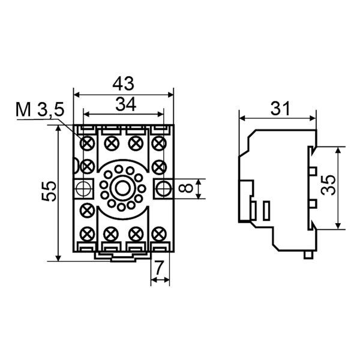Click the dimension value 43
(x=123, y=83)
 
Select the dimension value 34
(x=125, y=104)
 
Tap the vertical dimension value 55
(x=50, y=191)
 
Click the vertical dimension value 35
(x=328, y=187)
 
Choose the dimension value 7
(x=160, y=270)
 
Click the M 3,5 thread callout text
(x=40, y=110)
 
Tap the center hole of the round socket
(x=122, y=188)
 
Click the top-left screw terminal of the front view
(x=87, y=143)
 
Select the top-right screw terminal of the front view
(x=158, y=143)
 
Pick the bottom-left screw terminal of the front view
(x=87, y=233)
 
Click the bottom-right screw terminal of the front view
(x=158, y=233)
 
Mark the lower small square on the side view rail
(x=312, y=204)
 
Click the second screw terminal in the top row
(x=111, y=143)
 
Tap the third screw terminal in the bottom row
(x=135, y=233)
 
